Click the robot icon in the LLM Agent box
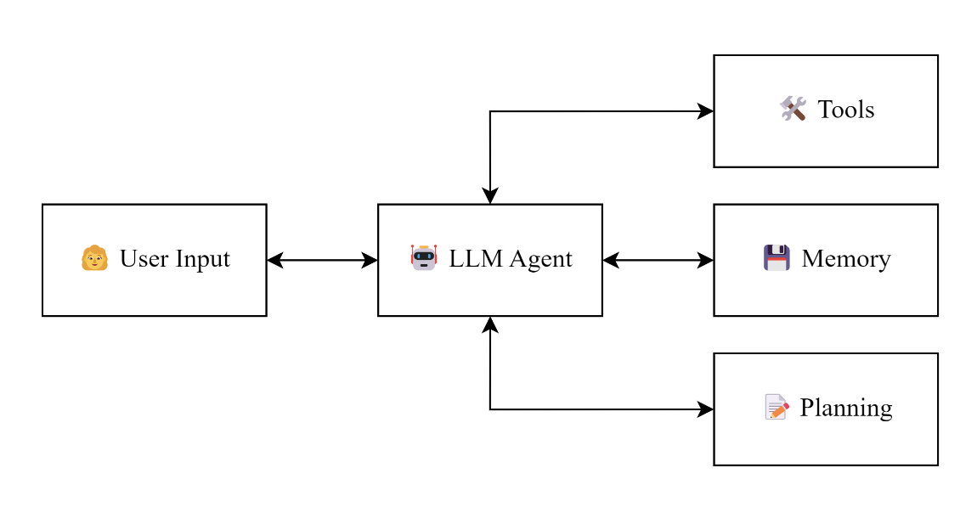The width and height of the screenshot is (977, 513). click(423, 257)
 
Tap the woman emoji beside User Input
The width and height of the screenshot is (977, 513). click(95, 257)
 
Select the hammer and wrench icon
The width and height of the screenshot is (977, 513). click(793, 109)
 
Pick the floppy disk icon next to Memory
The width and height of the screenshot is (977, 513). click(777, 257)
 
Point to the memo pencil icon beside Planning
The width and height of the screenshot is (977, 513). click(777, 408)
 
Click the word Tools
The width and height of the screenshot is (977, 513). click(846, 110)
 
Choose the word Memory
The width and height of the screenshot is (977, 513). click(846, 258)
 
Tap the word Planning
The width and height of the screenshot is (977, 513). click(846, 409)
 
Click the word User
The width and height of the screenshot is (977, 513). click(140, 258)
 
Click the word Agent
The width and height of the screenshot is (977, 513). click(541, 259)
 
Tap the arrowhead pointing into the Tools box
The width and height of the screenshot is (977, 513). click(705, 111)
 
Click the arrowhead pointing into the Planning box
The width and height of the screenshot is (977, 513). click(705, 409)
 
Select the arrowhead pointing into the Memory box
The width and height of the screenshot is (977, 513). click(705, 260)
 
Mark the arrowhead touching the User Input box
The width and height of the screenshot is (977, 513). click(275, 260)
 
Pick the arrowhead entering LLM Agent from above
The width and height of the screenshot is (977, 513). click(490, 195)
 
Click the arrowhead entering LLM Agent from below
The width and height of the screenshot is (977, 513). click(490, 324)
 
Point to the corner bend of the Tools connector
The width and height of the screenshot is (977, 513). click(490, 111)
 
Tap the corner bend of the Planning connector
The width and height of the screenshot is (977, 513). click(490, 409)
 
